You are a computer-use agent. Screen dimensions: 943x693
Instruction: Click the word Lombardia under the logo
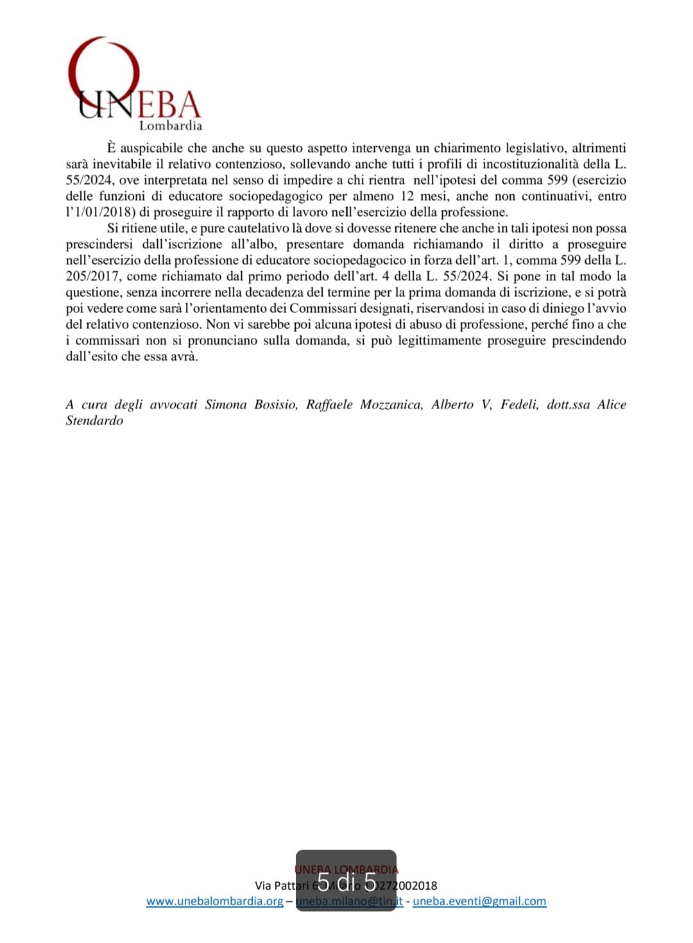click(x=171, y=126)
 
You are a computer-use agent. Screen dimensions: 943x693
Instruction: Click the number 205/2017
click(x=92, y=276)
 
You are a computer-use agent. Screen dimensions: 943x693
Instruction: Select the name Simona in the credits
click(x=226, y=405)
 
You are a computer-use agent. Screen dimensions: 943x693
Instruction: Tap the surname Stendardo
click(x=94, y=421)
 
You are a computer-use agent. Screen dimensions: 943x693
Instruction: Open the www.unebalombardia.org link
click(x=214, y=901)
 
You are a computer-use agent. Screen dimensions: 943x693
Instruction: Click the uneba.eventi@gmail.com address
click(x=479, y=901)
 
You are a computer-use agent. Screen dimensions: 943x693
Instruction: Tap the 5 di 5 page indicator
click(x=346, y=882)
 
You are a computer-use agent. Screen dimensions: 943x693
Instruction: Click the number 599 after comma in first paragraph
click(x=557, y=180)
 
